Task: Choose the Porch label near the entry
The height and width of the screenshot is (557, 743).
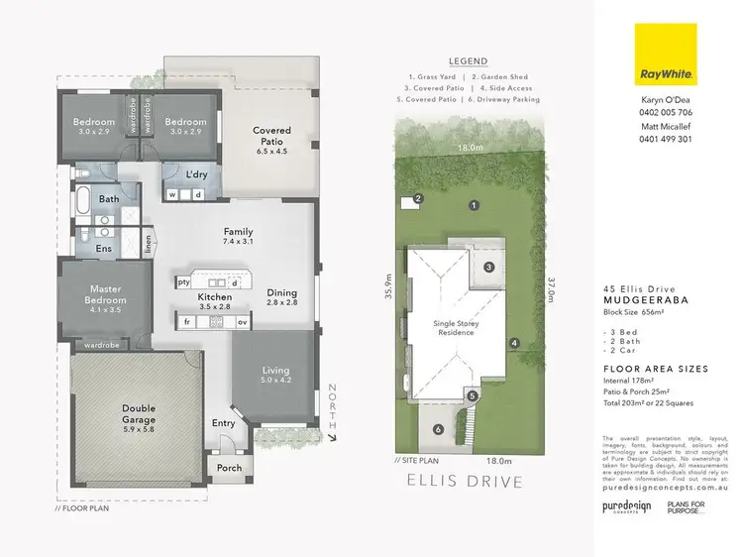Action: tap(229, 468)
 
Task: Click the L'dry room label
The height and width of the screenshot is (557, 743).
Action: tap(195, 174)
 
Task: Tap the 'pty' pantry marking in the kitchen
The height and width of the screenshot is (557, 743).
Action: tap(184, 282)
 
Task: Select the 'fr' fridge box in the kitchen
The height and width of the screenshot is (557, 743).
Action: tap(186, 322)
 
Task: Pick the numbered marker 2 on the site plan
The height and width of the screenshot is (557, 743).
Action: tap(419, 198)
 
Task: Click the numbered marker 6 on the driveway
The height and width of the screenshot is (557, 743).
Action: tap(436, 429)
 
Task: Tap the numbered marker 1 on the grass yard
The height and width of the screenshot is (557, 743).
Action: tap(475, 205)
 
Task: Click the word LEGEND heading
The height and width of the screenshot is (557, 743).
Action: tap(468, 60)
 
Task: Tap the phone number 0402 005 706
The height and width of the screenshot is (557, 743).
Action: tap(665, 114)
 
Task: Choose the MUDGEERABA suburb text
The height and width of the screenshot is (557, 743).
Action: tap(645, 305)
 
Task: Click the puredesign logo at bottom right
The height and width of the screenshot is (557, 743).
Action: tap(625, 506)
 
